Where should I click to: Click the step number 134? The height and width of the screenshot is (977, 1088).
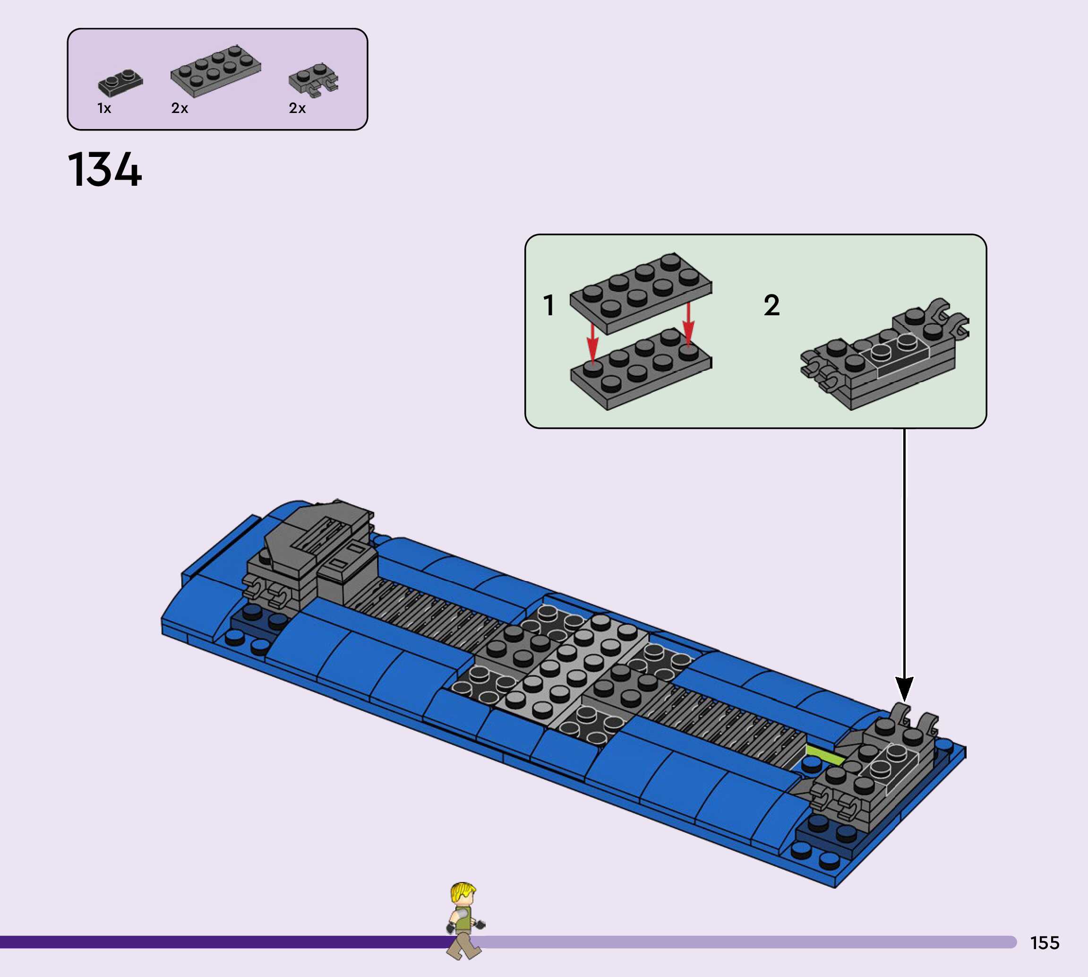[x=105, y=170]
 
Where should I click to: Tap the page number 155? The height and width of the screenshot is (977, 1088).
[x=1045, y=942]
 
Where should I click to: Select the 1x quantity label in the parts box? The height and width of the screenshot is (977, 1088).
[x=104, y=108]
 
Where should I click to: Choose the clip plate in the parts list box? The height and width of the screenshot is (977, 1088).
[x=313, y=80]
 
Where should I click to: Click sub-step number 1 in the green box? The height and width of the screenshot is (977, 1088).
[x=548, y=305]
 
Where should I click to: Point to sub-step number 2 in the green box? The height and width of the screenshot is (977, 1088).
[x=771, y=305]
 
